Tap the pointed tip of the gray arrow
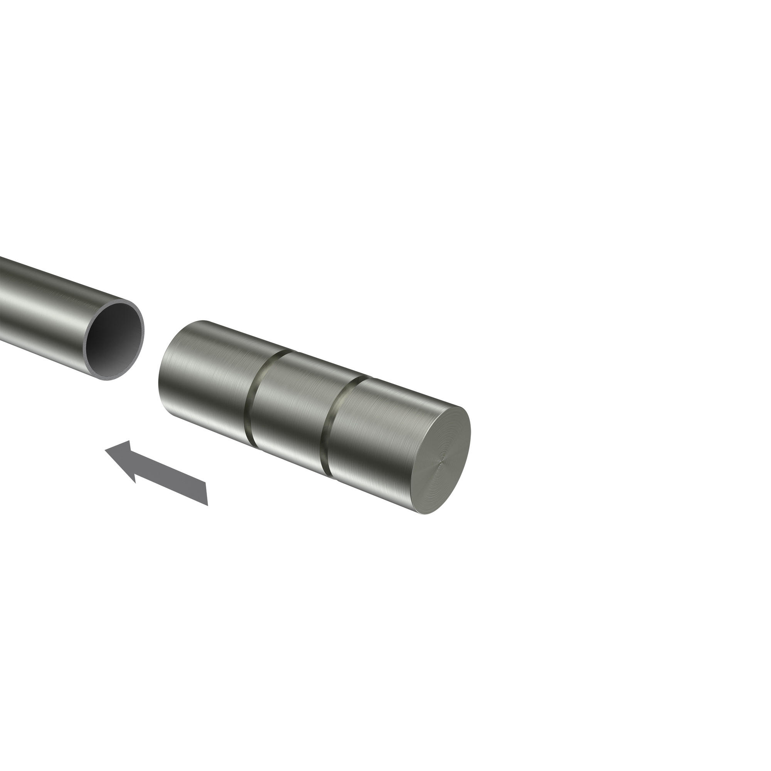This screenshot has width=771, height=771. (x=105, y=450)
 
